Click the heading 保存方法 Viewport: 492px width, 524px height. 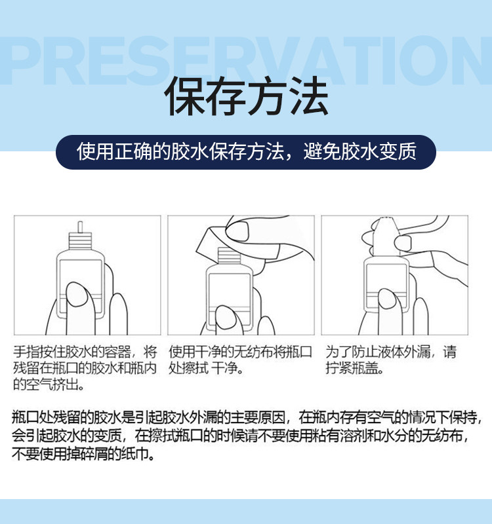click(246, 96)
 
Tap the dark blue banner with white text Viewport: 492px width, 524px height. click(246, 152)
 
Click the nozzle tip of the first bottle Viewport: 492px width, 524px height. click(80, 226)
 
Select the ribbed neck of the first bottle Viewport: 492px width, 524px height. click(80, 240)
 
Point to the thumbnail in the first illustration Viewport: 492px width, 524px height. click(76, 294)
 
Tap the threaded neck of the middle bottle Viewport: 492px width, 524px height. click(229, 255)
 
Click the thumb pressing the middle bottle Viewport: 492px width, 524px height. click(227, 320)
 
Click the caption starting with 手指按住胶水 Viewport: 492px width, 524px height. click(85, 368)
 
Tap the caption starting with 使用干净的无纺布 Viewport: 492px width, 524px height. click(240, 360)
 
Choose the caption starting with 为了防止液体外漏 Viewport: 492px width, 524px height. click(391, 360)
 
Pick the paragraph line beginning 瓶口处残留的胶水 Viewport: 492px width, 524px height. click(247, 417)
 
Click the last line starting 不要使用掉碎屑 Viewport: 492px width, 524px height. click(83, 454)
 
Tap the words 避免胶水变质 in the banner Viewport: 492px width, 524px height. click(359, 151)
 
